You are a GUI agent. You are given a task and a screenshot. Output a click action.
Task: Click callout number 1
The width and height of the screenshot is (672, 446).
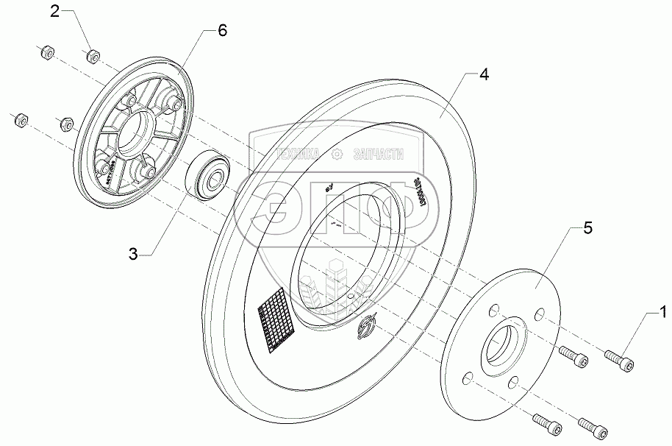pyautogui.click(x=664, y=314)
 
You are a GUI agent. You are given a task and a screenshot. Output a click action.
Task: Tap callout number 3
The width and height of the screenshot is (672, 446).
pyautogui.click(x=133, y=254)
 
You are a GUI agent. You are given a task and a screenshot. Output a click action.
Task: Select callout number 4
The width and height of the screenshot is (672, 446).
pyautogui.click(x=483, y=75)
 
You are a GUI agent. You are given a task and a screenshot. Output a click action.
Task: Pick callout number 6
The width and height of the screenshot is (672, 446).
pyautogui.click(x=223, y=30)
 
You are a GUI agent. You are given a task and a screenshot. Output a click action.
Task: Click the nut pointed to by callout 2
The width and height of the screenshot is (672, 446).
pyautogui.click(x=93, y=56)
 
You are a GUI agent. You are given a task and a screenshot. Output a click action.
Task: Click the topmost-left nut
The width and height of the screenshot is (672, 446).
pyautogui.click(x=43, y=52)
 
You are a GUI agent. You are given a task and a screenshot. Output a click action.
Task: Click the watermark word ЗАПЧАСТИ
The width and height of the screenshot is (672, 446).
pyautogui.click(x=379, y=154)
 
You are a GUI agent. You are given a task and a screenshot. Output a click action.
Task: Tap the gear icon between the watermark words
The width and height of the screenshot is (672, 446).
pyautogui.click(x=337, y=154)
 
